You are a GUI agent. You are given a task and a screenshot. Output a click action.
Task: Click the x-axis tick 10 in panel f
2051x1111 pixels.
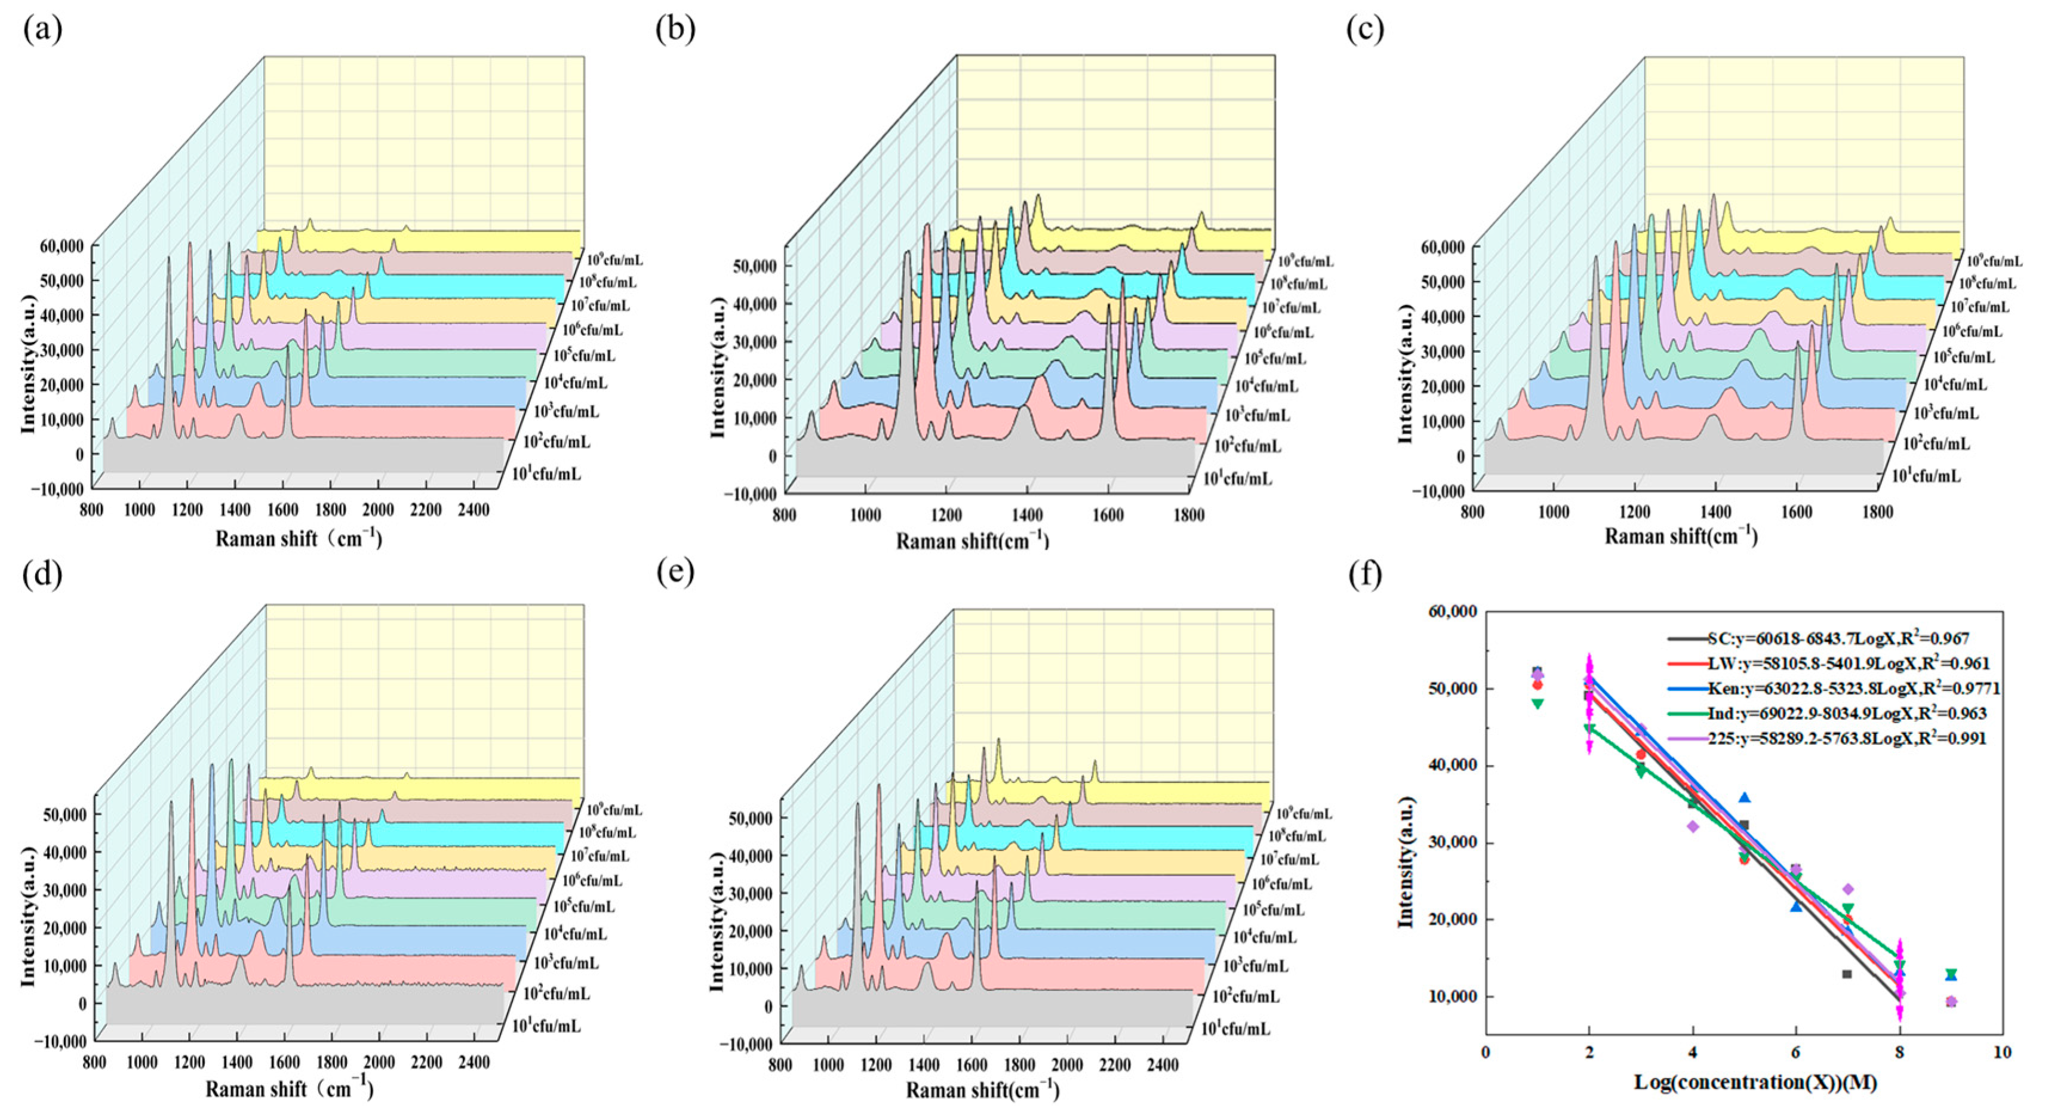point(2001,1052)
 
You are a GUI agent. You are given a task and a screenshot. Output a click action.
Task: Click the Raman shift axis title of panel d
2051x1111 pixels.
point(289,1088)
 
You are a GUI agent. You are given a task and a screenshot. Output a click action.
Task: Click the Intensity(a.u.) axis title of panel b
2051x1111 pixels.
point(717,367)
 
